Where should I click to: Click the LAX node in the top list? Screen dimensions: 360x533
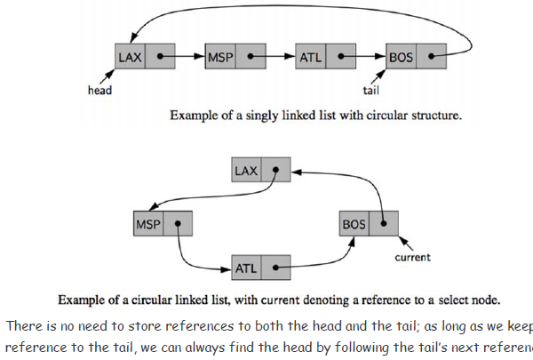click(143, 57)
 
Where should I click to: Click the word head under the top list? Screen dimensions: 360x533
click(99, 90)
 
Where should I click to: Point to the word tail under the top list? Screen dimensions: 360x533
click(372, 90)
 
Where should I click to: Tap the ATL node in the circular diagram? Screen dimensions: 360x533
click(262, 266)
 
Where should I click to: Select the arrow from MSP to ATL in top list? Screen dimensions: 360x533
click(275, 57)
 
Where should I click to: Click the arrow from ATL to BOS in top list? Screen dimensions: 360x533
click(366, 57)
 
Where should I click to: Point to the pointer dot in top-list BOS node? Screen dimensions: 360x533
click(432, 57)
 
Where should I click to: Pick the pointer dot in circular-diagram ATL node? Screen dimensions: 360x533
click(277, 266)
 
